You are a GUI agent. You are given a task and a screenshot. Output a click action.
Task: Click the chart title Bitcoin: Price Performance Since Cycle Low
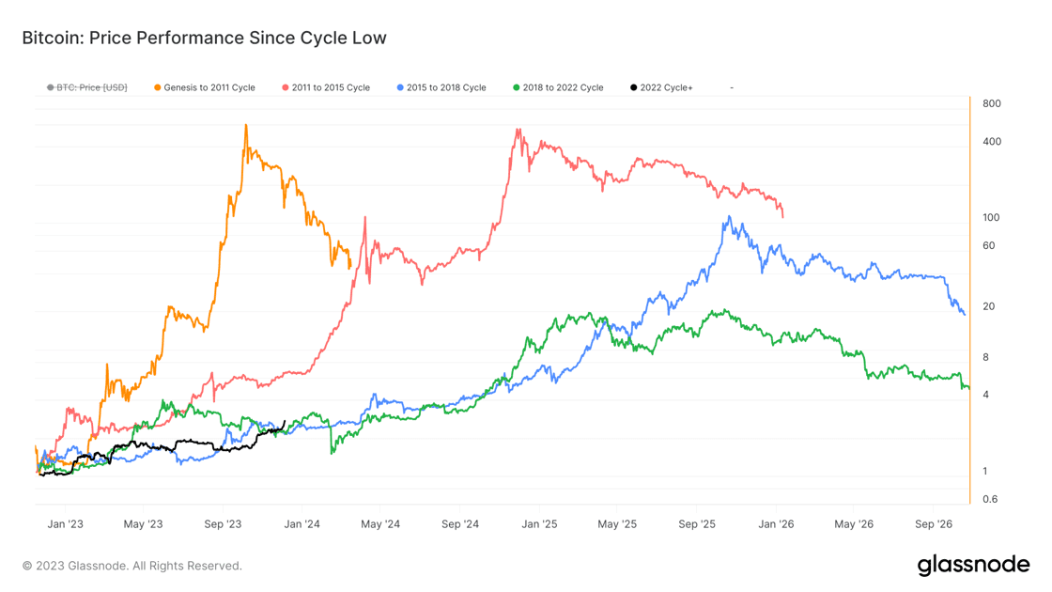pos(204,39)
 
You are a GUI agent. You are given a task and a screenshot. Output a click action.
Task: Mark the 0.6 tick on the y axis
pos(989,499)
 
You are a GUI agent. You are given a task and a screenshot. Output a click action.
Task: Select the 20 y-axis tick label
pos(988,306)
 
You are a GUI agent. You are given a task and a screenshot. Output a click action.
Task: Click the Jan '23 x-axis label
pos(65,523)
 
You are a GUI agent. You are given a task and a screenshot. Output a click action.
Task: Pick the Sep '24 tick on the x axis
pos(460,523)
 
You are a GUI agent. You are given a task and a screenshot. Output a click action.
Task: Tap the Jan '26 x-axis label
pos(776,523)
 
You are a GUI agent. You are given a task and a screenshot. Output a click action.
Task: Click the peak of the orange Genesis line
pos(246,125)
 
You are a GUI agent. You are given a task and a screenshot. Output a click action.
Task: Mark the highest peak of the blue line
pos(729,217)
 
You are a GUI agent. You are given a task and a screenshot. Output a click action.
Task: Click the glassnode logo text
pos(973,565)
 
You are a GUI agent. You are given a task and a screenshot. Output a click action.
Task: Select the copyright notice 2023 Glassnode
pos(132,566)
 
